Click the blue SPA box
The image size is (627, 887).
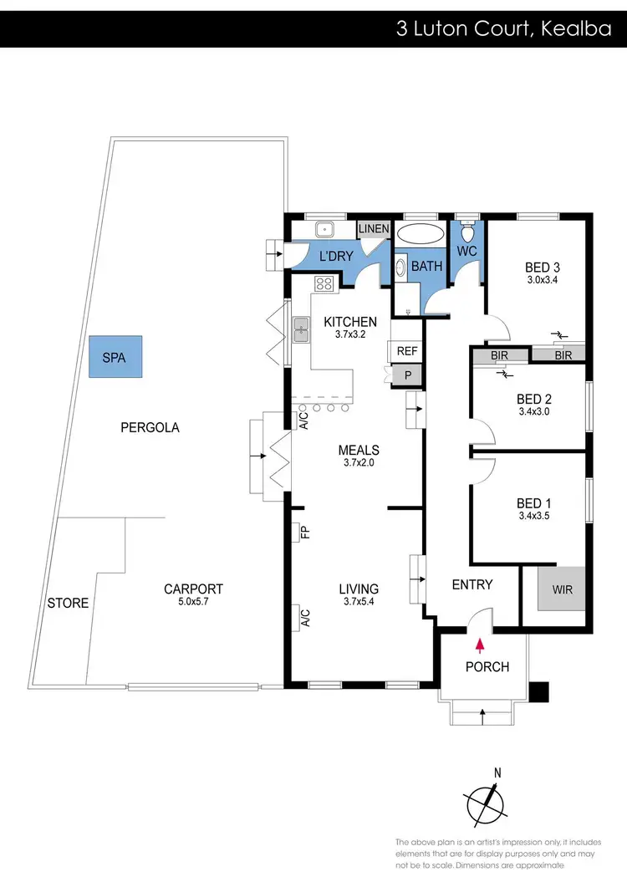[x=115, y=356]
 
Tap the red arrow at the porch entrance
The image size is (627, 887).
[x=480, y=645]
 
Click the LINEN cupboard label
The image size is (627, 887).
[x=373, y=229]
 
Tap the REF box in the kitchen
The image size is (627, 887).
[x=407, y=351]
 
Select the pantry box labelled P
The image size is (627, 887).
[x=407, y=375]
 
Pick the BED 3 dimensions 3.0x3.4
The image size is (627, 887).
[x=542, y=280]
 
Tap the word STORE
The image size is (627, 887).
[x=68, y=603]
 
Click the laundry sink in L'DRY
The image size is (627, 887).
[x=324, y=229]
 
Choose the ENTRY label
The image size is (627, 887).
[x=472, y=584]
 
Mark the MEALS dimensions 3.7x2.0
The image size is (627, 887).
[x=359, y=462]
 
